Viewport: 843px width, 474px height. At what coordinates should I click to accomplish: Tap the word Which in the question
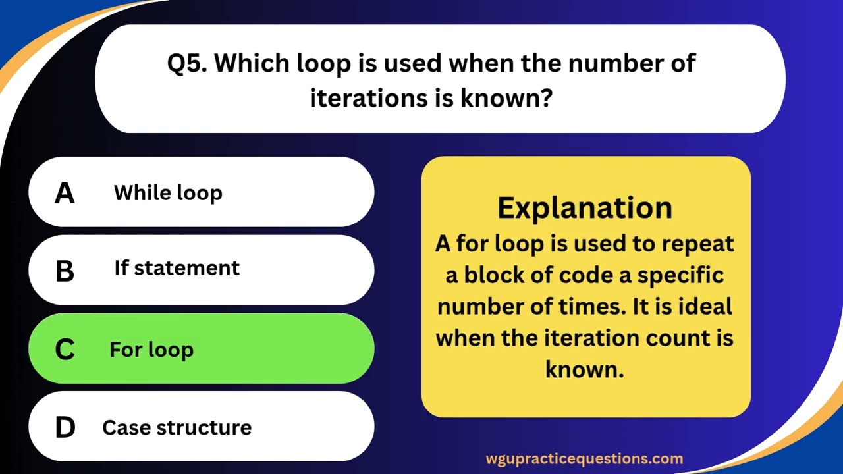(251, 64)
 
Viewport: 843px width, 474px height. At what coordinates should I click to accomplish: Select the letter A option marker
(65, 193)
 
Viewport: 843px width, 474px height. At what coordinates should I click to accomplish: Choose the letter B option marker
(65, 271)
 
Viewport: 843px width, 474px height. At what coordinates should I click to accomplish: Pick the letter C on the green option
(65, 349)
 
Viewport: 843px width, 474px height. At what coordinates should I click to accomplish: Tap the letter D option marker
(65, 427)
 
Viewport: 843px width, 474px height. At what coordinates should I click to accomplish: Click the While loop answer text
(168, 193)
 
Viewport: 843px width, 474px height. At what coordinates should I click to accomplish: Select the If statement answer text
(177, 268)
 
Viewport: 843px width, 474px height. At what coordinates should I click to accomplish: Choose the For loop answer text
(151, 349)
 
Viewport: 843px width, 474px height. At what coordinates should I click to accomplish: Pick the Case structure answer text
(177, 427)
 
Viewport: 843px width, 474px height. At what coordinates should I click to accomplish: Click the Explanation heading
(585, 207)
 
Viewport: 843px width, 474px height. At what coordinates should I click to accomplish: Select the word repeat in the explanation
(698, 243)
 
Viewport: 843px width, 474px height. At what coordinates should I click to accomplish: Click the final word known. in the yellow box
(584, 369)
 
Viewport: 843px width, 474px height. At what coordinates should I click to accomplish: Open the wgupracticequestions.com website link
(584, 459)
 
